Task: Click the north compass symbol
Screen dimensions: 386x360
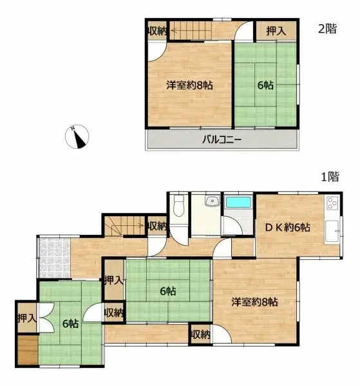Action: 79,136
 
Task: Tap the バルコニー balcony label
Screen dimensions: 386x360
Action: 223,139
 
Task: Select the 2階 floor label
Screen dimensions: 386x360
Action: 327,28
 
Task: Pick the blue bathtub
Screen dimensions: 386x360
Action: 239,205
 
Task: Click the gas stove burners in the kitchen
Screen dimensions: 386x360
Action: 333,205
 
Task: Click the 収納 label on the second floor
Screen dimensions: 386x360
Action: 157,30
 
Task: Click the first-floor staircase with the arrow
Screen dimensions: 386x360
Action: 126,226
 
